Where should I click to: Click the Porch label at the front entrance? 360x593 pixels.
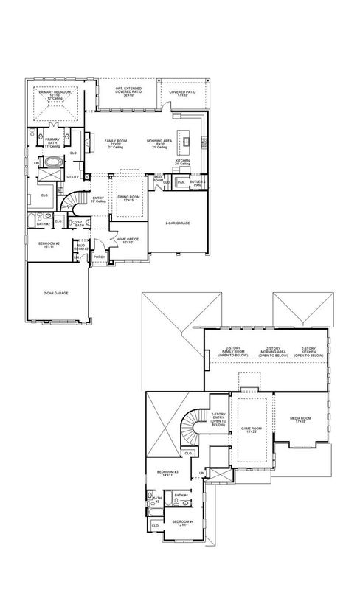(x=100, y=257)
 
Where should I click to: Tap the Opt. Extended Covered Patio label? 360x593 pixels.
(x=128, y=91)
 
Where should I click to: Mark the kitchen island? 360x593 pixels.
(x=190, y=139)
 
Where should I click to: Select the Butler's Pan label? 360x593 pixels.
(x=197, y=182)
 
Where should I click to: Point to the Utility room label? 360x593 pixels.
(x=73, y=177)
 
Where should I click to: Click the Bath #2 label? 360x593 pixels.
(x=44, y=222)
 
